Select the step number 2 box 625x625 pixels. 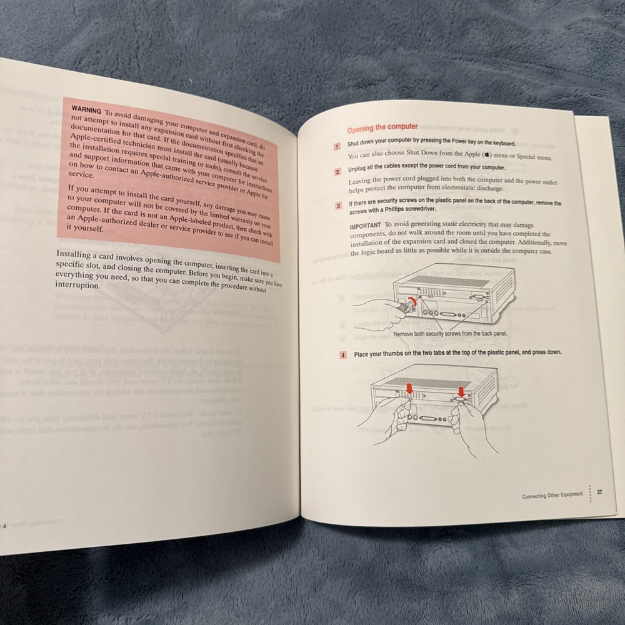pos(337,171)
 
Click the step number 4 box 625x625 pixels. pos(342,355)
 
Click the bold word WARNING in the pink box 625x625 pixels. pos(87,109)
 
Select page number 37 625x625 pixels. pos(599,492)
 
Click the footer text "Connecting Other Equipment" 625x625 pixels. pos(552,495)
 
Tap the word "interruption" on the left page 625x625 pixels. pos(77,286)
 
